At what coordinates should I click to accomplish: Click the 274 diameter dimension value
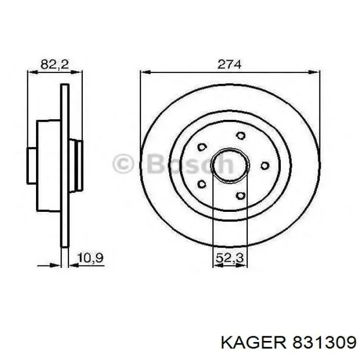coord(229,64)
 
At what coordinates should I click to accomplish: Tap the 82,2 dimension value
coord(55,64)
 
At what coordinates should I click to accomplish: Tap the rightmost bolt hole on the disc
coord(265,165)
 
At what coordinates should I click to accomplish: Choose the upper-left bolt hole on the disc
coord(203,147)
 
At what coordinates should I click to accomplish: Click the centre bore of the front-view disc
coord(230,165)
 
